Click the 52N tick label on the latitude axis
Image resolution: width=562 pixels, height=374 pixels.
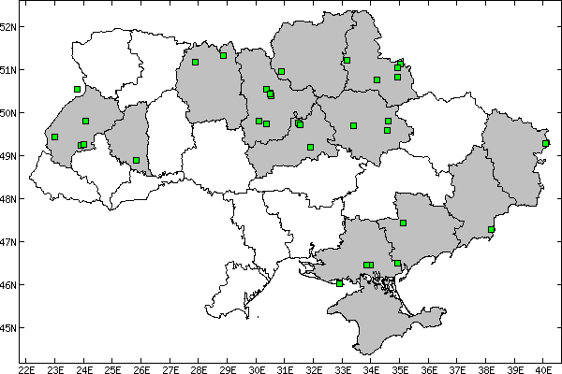[x=8, y=26]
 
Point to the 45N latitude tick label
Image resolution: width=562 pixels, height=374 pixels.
[x=8, y=328]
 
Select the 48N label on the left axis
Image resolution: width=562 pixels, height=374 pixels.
[x=8, y=199]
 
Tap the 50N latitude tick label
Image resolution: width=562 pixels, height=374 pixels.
[x=8, y=113]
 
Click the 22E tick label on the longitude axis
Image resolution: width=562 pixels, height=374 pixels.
[x=26, y=367]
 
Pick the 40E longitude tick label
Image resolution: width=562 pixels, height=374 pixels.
[x=544, y=367]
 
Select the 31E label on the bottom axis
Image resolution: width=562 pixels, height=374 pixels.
[x=285, y=367]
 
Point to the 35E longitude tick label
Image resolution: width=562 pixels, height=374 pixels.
[x=400, y=367]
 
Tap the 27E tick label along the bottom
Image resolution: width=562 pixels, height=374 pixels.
[x=170, y=367]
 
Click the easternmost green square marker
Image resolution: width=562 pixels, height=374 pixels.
[x=546, y=143]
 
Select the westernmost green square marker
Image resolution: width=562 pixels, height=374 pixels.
[x=55, y=137]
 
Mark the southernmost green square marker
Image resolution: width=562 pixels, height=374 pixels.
[x=339, y=283]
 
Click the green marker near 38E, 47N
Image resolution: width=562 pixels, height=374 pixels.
[x=491, y=229]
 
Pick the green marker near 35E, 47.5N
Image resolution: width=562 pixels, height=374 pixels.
[x=403, y=223]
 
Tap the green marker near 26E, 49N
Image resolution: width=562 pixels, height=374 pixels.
[x=136, y=160]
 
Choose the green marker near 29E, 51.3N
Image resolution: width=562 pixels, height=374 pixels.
[x=223, y=55]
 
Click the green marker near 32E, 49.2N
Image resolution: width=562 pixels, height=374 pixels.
[x=310, y=147]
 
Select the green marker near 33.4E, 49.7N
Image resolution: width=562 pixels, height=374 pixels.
[x=353, y=125]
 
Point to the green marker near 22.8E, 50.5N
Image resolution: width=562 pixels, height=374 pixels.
[x=77, y=90]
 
